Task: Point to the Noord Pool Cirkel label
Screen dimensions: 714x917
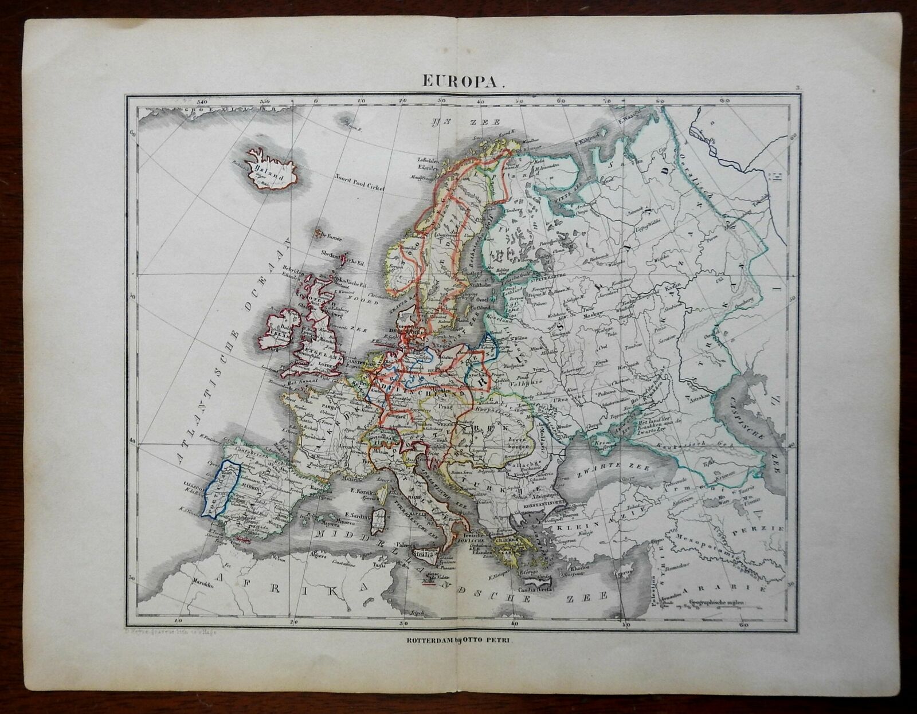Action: tap(355, 186)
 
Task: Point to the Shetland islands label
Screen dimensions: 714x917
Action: tap(326, 253)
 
